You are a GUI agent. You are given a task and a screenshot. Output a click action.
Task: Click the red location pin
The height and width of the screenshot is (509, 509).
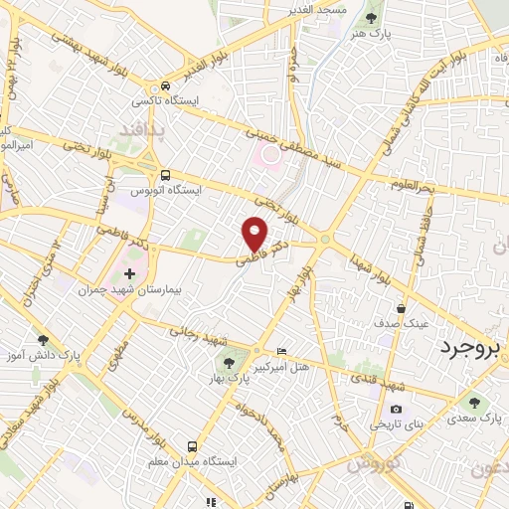pos(255,235)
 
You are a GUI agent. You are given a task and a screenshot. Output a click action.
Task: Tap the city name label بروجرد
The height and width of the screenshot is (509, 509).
pos(473,349)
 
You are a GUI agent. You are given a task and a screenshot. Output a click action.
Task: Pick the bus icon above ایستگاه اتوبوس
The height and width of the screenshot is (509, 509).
pos(164,172)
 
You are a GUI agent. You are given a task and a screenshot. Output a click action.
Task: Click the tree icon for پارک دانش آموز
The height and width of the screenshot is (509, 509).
pos(42,339)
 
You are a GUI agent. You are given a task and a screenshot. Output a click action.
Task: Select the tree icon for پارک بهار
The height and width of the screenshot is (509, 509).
pos(230,363)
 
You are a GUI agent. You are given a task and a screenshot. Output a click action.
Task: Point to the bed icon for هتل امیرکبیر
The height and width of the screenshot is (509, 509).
pos(281,352)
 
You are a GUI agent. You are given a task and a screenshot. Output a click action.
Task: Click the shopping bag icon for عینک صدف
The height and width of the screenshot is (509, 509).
pos(401,308)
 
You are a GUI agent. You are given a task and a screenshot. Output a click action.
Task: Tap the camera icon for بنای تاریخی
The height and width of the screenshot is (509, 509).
pos(397,410)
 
